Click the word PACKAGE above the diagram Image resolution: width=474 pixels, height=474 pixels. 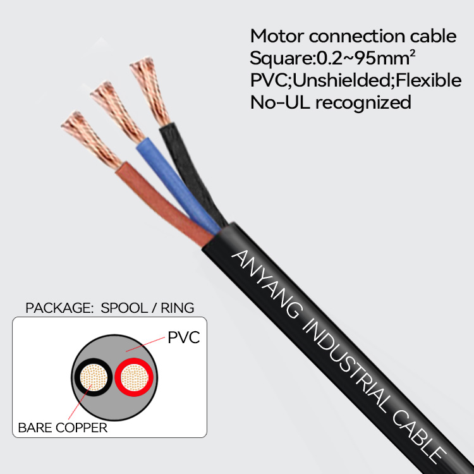53,308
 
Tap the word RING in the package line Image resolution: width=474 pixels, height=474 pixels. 177,308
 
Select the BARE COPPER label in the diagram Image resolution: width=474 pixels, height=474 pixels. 63,428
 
